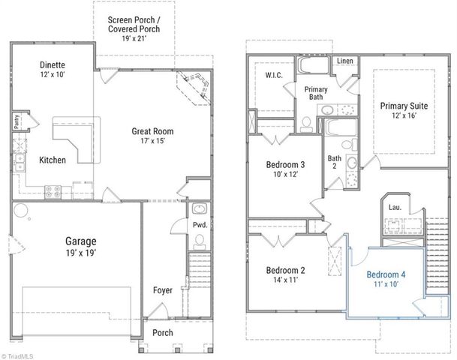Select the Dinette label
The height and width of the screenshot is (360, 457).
53,64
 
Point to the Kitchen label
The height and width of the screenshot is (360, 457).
53,160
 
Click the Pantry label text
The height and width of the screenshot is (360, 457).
16,121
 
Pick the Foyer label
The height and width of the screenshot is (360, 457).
163,289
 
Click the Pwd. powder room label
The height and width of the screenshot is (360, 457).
200,225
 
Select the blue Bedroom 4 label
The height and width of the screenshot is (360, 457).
386,274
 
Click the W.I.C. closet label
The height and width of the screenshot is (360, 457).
273,75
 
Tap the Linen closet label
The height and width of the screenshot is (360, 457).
344,61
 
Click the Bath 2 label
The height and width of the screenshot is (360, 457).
335,163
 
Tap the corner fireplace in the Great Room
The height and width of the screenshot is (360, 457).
194,85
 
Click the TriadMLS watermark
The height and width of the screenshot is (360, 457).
20,355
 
